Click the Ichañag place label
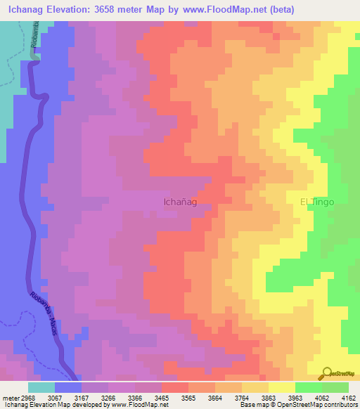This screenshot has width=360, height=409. tap(179, 202)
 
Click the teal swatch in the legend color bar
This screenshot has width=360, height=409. tap(41, 387)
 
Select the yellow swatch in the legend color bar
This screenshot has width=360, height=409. tap(281, 387)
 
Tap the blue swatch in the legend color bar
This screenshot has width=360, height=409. tap(68, 387)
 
